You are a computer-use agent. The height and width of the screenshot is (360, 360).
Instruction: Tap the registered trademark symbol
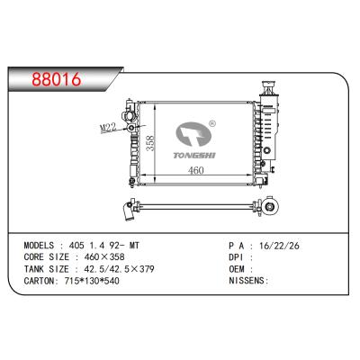(211, 125)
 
